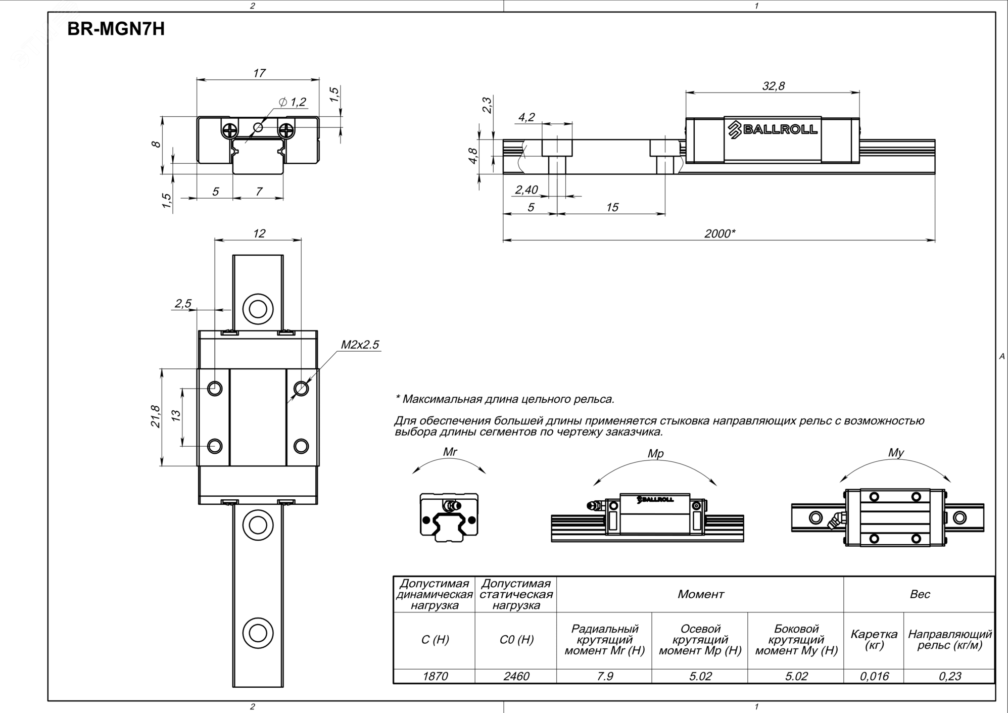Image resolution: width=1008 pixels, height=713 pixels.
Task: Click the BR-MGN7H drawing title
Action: click(x=116, y=29)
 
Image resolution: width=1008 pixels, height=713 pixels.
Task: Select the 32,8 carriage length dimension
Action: click(x=773, y=86)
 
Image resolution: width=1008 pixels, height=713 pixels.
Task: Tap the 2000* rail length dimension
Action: click(x=719, y=233)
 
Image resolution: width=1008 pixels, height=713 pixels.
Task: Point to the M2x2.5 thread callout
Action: click(x=360, y=345)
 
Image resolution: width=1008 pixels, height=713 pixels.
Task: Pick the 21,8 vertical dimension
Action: click(x=156, y=416)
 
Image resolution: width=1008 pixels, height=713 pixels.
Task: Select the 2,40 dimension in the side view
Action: click(x=526, y=190)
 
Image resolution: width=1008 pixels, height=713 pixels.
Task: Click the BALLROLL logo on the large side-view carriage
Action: click(x=773, y=129)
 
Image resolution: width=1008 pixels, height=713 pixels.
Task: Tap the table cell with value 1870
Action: click(x=435, y=676)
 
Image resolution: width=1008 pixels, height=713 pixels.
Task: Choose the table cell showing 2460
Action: click(x=516, y=676)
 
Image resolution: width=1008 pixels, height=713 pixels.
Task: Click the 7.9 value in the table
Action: click(x=604, y=676)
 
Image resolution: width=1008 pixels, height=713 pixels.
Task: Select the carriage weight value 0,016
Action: click(x=874, y=676)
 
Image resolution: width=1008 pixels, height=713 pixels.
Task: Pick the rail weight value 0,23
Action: click(x=950, y=676)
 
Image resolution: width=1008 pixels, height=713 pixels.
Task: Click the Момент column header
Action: click(x=700, y=594)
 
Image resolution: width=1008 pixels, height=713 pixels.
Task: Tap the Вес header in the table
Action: click(x=920, y=594)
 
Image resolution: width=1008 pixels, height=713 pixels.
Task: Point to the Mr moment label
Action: click(x=450, y=452)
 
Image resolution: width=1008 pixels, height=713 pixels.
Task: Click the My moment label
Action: click(x=896, y=453)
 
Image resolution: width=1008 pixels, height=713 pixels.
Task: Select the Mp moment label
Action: click(x=655, y=454)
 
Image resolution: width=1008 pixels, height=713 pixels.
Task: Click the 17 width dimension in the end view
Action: click(x=259, y=73)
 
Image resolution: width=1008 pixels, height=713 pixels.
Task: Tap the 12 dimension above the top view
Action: click(x=259, y=233)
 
